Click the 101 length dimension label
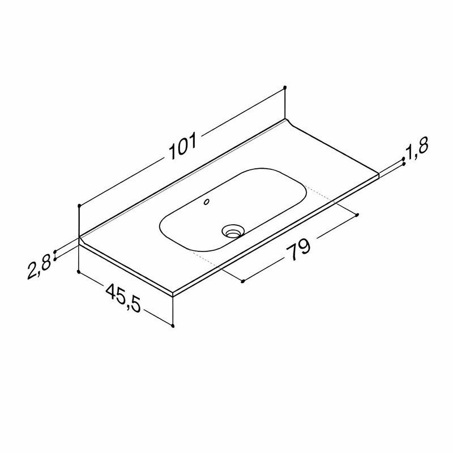tap(182, 146)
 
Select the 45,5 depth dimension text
tap(123, 298)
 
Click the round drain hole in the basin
tap(233, 231)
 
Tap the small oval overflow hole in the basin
tap(207, 202)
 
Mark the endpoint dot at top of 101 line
tap(285, 87)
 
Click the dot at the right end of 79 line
tap(358, 215)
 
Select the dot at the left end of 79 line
tap(243, 281)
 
